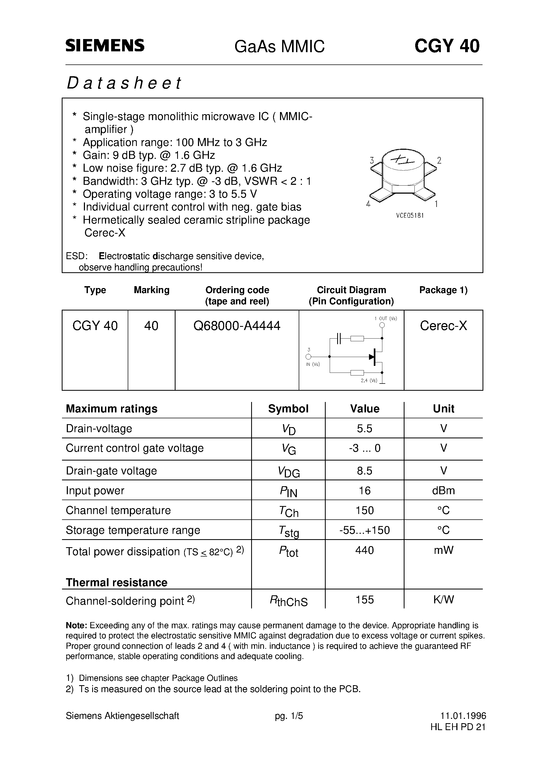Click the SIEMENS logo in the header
pyautogui.click(x=105, y=46)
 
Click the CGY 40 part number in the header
pyautogui.click(x=446, y=46)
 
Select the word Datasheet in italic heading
pyautogui.click(x=124, y=83)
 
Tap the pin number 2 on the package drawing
pyautogui.click(x=439, y=160)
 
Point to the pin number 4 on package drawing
pyautogui.click(x=368, y=204)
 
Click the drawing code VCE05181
pyautogui.click(x=410, y=216)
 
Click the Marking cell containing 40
pyautogui.click(x=151, y=326)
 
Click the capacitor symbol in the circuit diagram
pyautogui.click(x=338, y=338)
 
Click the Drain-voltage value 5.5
pyautogui.click(x=364, y=428)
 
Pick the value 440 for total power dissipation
pyautogui.click(x=364, y=550)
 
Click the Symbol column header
pyautogui.click(x=288, y=409)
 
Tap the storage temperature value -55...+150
pyautogui.click(x=364, y=530)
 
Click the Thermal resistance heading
pyautogui.click(x=116, y=582)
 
